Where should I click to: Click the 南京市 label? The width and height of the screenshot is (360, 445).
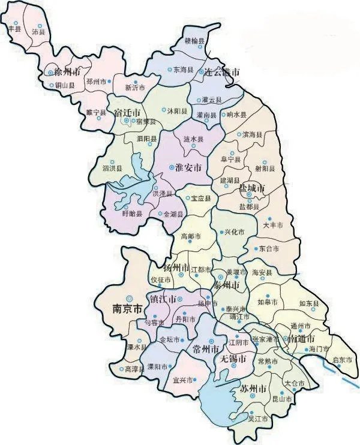pyautogui.click(x=127, y=309)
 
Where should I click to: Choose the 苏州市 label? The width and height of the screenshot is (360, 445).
pyautogui.click(x=253, y=389)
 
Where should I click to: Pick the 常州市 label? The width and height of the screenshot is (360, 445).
pyautogui.click(x=200, y=349)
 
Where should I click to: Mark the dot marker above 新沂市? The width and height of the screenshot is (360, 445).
pyautogui.click(x=136, y=81)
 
